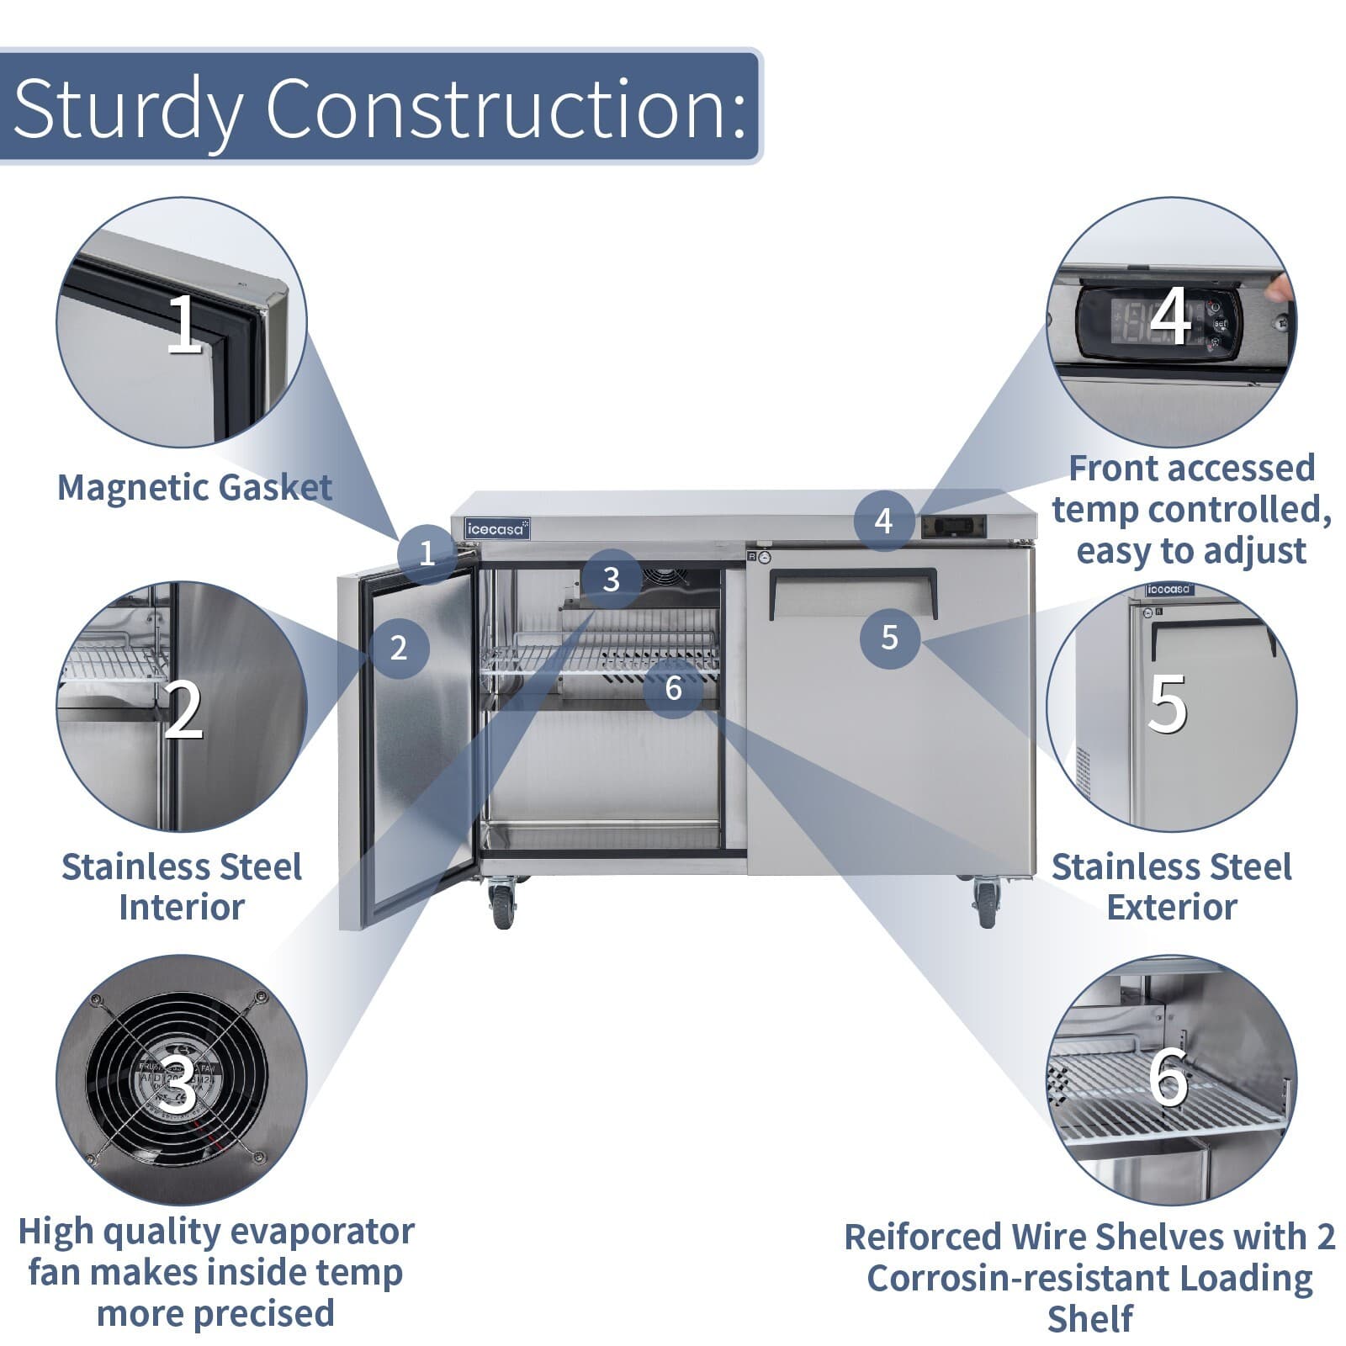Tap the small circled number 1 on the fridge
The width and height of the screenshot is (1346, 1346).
[x=427, y=553]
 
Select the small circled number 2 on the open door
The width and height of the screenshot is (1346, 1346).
[x=399, y=647]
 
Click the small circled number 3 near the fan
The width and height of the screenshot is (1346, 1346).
[x=612, y=579]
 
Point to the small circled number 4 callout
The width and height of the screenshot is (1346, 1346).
[x=883, y=521]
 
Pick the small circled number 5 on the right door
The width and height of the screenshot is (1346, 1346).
[x=890, y=638]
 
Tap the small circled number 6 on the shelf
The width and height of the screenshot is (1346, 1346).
[x=673, y=688]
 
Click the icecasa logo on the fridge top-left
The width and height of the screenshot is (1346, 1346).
[x=497, y=528]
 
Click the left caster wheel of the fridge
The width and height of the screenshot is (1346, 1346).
[x=502, y=904]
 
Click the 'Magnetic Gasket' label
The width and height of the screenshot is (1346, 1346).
[x=194, y=487]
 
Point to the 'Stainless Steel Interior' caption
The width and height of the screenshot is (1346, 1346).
[x=181, y=887]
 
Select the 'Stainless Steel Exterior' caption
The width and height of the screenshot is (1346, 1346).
[x=1171, y=887]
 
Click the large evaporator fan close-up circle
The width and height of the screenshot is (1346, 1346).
[x=181, y=1079]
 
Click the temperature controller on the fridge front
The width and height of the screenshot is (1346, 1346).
[x=951, y=526]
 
